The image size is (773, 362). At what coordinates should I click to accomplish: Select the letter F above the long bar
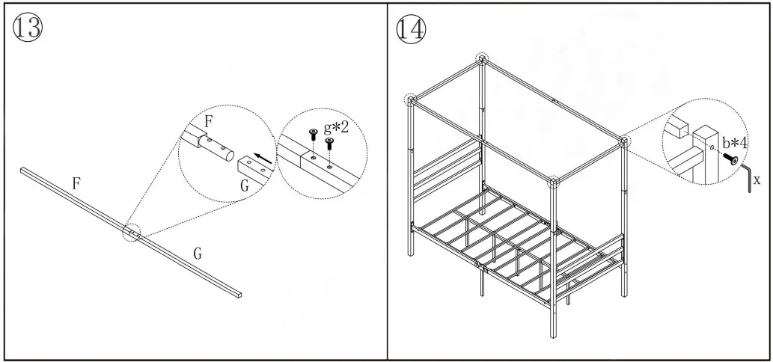(x=76, y=182)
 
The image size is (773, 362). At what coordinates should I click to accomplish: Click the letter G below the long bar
(x=198, y=254)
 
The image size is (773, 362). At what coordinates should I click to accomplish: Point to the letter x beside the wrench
(x=757, y=180)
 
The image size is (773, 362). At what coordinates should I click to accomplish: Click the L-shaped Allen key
(x=746, y=178)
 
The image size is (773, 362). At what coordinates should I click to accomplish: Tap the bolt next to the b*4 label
(x=729, y=159)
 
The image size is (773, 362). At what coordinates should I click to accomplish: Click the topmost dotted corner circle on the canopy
(x=483, y=58)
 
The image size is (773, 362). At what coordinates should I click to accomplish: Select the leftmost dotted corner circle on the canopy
(x=411, y=100)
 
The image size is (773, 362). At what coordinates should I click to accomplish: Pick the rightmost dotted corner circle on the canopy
(x=624, y=140)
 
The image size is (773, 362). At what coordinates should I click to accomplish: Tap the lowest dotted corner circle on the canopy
(x=553, y=182)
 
